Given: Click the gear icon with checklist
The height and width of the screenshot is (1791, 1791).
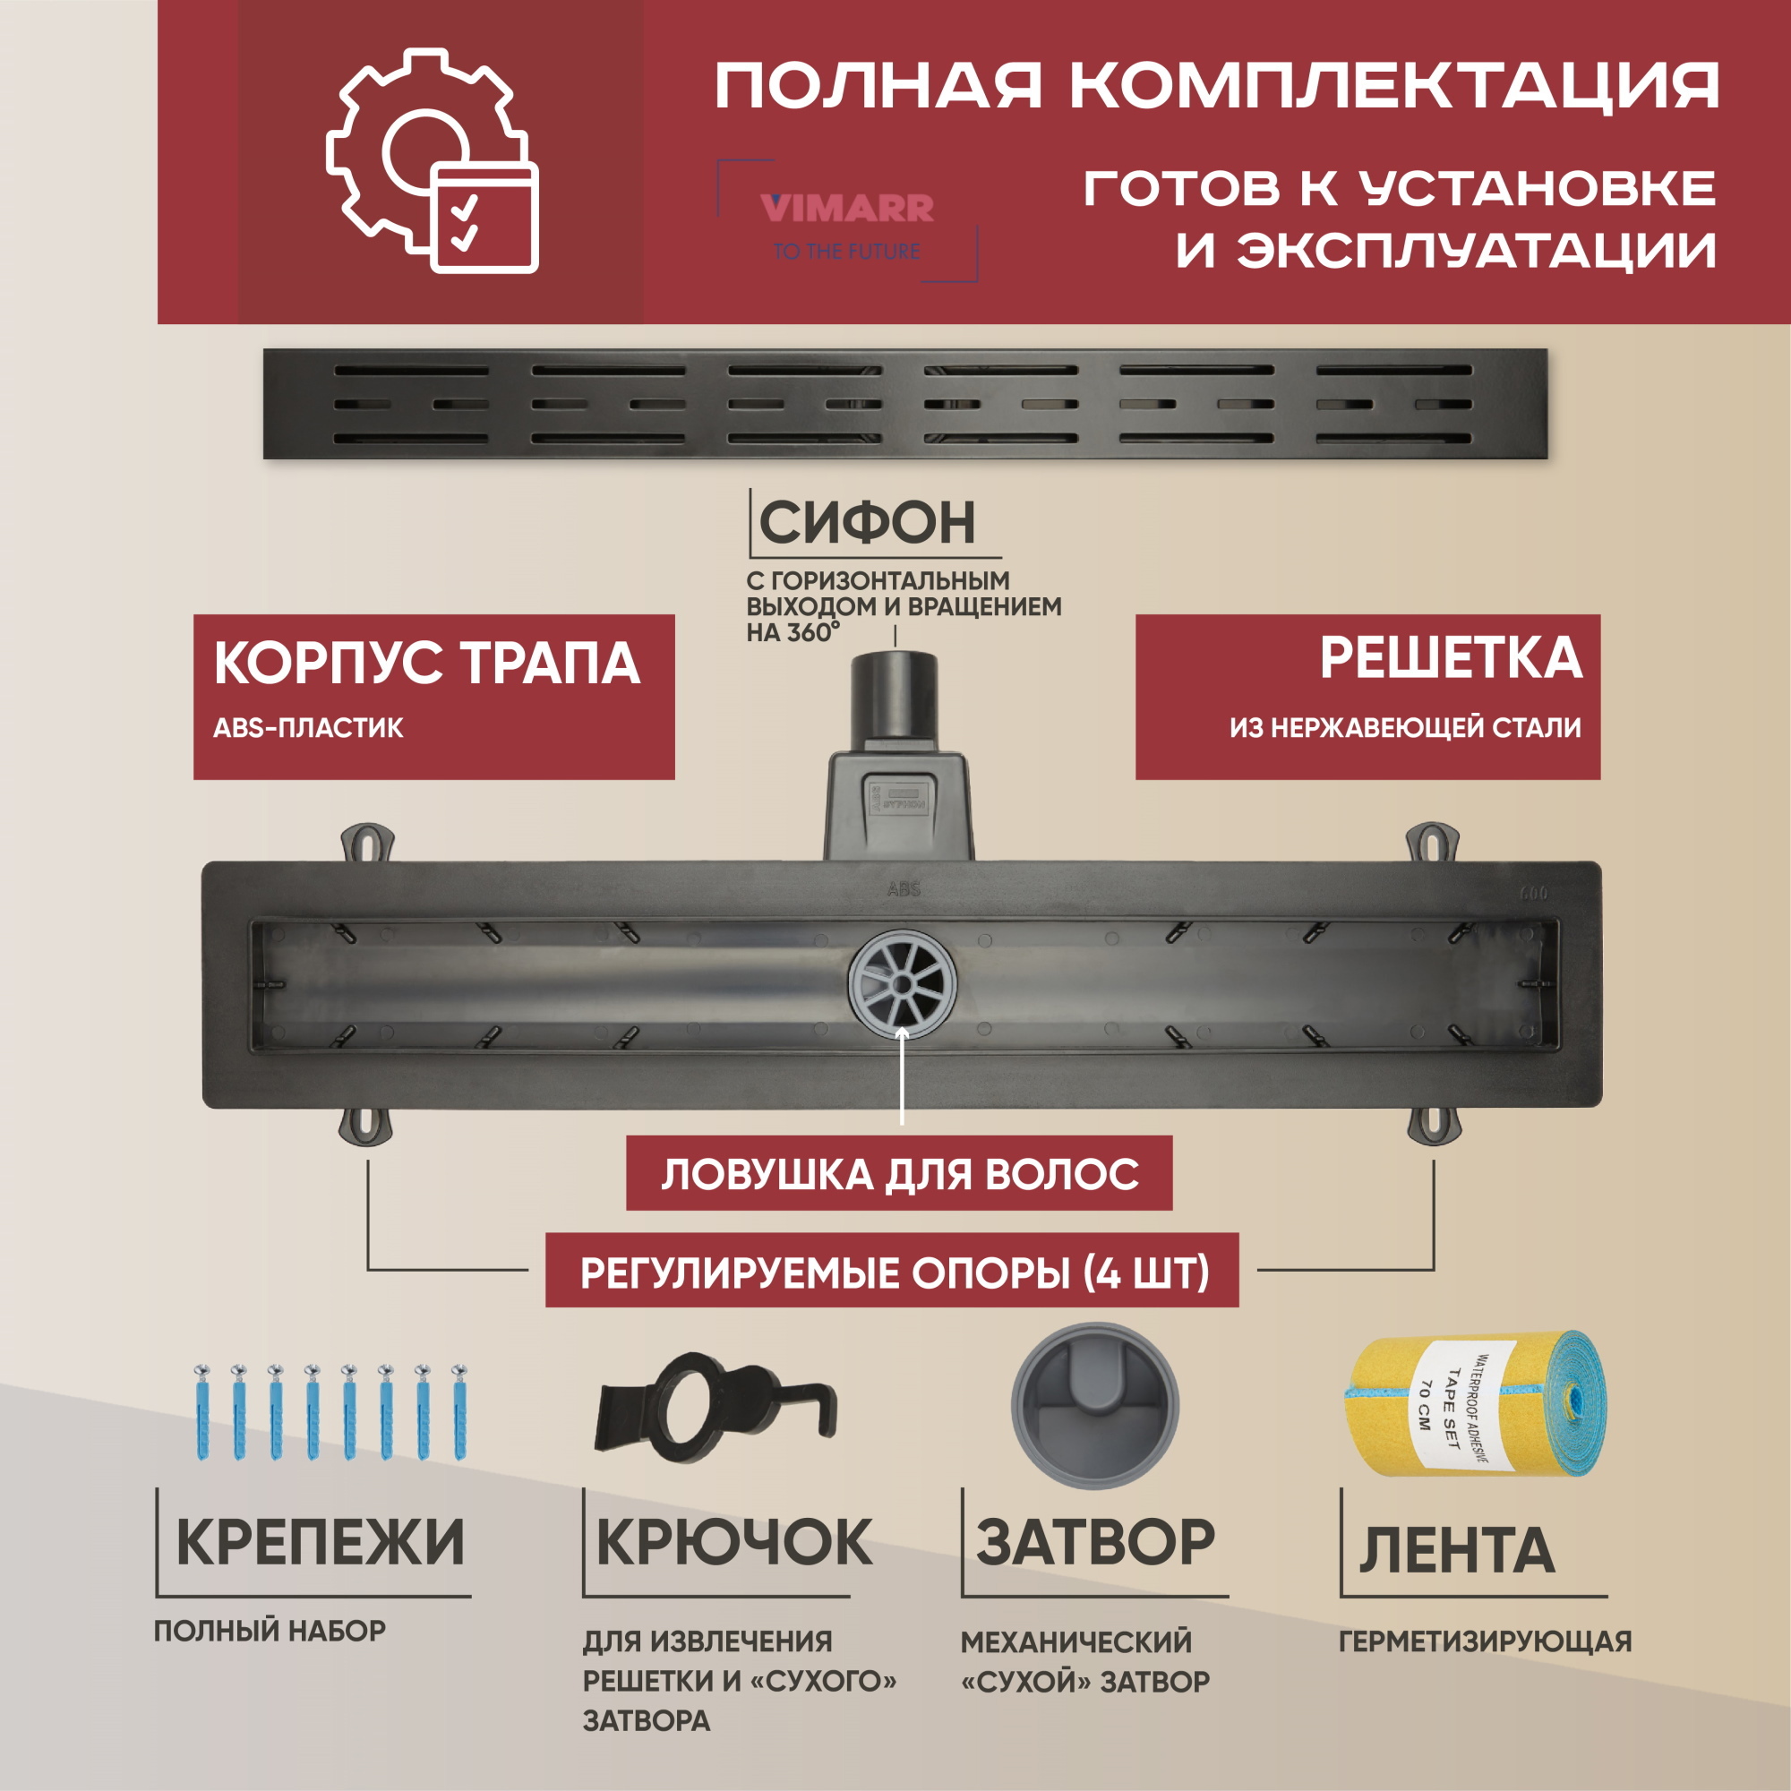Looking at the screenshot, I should click(x=431, y=162).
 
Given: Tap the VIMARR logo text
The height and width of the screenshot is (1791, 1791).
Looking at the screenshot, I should click(x=846, y=208).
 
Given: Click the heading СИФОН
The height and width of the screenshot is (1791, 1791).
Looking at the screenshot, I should click(x=867, y=523).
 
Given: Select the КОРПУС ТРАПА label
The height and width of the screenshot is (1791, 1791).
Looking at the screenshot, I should click(x=426, y=664).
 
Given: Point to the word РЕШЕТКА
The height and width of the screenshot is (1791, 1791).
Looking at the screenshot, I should click(x=1451, y=658).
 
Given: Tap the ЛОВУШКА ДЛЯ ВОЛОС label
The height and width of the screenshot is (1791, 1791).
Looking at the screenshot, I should click(x=899, y=1175).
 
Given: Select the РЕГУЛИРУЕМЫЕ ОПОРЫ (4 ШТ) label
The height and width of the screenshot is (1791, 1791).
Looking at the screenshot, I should click(x=894, y=1273).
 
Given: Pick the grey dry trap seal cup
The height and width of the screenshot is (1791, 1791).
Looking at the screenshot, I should click(x=1095, y=1405).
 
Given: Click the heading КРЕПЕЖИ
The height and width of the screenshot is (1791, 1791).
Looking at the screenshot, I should click(x=320, y=1544).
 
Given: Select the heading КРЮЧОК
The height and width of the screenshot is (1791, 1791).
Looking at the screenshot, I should click(x=733, y=1544).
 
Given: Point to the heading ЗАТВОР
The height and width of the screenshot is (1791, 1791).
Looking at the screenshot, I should click(x=1095, y=1544).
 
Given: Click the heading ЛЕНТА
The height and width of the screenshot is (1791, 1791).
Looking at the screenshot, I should click(x=1456, y=1550).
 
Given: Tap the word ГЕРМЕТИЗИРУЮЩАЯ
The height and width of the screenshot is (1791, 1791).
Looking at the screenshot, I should click(x=1484, y=1641).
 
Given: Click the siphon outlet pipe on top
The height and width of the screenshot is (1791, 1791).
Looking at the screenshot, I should click(x=895, y=693).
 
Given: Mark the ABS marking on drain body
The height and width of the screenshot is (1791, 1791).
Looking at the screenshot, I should click(x=903, y=889).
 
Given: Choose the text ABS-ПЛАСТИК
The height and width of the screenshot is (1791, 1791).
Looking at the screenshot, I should click(x=308, y=728).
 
